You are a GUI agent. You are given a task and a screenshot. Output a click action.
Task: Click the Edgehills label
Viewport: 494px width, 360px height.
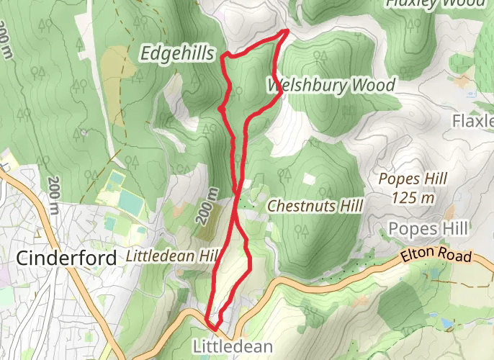178,53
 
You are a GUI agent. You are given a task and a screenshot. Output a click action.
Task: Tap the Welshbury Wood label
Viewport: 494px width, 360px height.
332,86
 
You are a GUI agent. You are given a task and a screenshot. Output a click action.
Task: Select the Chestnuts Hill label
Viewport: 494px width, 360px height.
314,206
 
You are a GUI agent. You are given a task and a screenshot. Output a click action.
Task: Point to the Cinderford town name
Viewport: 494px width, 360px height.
66,258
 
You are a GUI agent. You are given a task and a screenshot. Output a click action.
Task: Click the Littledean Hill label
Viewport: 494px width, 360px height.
171,256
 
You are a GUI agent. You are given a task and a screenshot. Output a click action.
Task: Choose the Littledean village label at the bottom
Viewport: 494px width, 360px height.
233,347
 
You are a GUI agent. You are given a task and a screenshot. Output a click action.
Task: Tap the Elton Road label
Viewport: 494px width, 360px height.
436,256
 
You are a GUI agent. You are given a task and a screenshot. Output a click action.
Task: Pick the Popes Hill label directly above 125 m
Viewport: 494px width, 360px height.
413,179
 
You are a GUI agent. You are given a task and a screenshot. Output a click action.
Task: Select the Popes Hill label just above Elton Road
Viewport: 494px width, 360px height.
428,229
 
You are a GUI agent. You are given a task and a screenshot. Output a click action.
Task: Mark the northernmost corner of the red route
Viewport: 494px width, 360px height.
288,31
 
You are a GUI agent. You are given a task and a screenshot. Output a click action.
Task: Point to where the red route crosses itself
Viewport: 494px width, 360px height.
237,192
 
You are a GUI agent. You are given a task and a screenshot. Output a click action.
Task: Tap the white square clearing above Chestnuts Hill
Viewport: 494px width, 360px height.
310,179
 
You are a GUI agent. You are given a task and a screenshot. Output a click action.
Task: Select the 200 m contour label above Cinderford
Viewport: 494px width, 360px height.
55,194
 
